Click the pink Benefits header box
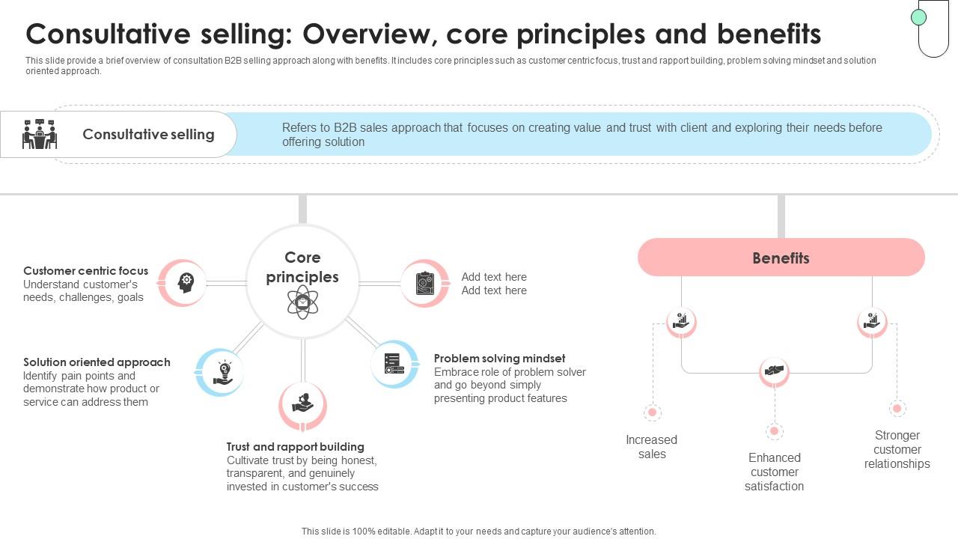[x=781, y=258]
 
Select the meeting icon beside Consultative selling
[x=40, y=134]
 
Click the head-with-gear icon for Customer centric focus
[x=185, y=282]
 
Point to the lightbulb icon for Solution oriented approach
[x=224, y=372]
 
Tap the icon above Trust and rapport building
[x=303, y=405]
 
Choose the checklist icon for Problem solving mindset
[x=394, y=364]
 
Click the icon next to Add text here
[x=424, y=284]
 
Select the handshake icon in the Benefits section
[x=775, y=371]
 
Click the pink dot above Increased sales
[x=652, y=412]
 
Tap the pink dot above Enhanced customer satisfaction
[x=775, y=431]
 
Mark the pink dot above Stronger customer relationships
[x=897, y=409]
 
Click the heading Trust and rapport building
[x=296, y=447]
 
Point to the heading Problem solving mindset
[x=499, y=359]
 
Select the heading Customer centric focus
[x=85, y=271]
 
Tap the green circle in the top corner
[x=918, y=17]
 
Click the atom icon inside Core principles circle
[x=302, y=302]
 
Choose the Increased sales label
[x=652, y=447]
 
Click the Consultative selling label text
[x=148, y=134]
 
